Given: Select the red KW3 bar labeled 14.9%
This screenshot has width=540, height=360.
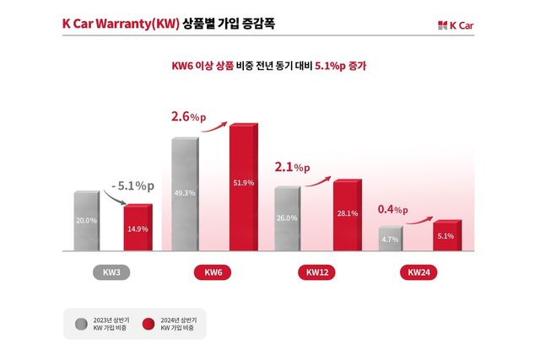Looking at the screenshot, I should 138,228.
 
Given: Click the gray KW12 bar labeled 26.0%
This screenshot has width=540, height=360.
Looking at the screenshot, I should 287,218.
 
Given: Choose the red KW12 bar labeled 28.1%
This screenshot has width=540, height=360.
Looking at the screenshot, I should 346,215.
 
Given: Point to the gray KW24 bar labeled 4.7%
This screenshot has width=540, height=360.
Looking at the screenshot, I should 390,239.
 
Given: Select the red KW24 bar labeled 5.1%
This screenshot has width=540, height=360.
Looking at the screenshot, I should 446,236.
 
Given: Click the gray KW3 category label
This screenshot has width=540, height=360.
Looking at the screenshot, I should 111,273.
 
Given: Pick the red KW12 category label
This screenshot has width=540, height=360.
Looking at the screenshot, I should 317,273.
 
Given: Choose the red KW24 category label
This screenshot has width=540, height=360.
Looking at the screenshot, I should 418,273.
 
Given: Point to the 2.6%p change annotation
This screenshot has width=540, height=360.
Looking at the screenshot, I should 187,117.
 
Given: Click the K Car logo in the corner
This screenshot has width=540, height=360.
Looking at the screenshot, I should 456,24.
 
